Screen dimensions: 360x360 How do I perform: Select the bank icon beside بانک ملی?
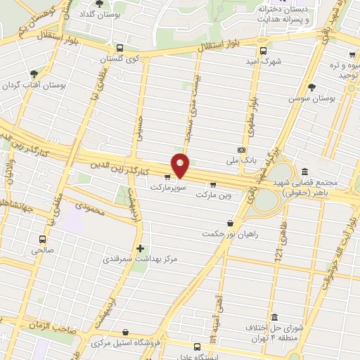coord(241,150)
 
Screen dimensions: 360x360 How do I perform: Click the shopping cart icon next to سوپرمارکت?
coord(167,177)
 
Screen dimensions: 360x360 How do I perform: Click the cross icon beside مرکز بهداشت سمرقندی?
coord(141,248)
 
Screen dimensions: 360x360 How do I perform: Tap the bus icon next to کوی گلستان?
coord(120,49)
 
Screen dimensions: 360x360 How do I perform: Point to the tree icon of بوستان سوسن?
coord(311,87)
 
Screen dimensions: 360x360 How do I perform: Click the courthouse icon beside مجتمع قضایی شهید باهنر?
coord(304,172)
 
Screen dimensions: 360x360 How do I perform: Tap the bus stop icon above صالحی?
coord(41,239)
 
